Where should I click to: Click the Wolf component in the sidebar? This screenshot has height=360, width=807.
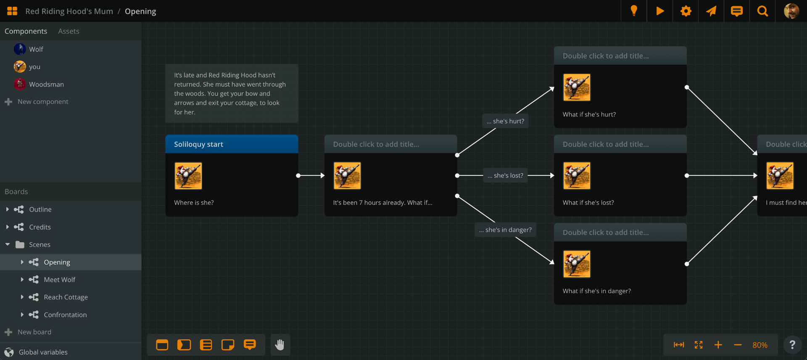coord(36,49)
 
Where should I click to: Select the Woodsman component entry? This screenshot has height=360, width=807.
coord(46,84)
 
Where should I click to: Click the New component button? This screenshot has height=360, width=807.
coord(42,102)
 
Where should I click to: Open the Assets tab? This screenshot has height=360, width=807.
coord(69,31)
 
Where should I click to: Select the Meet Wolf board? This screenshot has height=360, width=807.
coord(59,280)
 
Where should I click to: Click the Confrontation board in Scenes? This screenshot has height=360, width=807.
coord(65,315)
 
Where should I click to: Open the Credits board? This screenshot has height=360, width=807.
coord(40,227)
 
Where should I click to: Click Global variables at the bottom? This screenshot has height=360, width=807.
coord(43,352)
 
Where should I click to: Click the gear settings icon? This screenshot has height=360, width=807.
coord(686,11)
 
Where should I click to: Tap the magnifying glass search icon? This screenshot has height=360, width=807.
coord(762,11)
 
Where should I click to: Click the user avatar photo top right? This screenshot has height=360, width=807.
coord(791,11)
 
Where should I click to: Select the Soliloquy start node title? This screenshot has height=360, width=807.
coord(198,144)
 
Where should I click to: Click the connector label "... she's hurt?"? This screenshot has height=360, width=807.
coord(505,121)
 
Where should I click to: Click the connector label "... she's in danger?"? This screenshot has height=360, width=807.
coord(505,230)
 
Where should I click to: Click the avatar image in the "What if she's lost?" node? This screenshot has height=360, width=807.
coord(576,176)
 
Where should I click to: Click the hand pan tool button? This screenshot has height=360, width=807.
coord(280,345)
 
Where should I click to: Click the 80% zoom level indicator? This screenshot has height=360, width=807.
coord(760,345)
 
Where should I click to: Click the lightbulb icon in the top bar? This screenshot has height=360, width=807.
coord(634,11)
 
